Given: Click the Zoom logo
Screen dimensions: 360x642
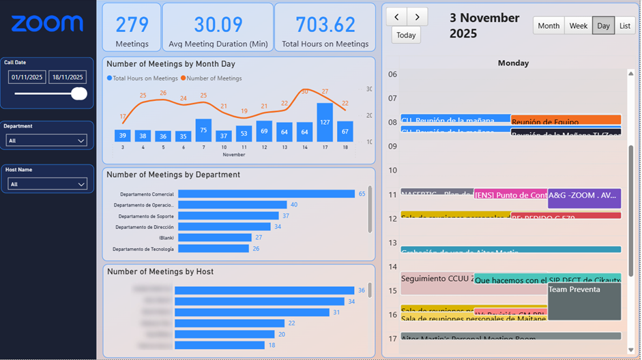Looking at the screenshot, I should click(47, 24).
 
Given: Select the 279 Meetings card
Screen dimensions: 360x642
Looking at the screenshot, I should click(132, 27).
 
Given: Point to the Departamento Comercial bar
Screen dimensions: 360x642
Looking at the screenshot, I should click(266, 194).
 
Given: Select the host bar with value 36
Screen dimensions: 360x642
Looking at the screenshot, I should click(264, 290).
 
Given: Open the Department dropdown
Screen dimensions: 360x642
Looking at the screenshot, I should click(47, 140).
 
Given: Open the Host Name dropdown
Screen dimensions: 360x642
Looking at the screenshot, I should click(47, 184).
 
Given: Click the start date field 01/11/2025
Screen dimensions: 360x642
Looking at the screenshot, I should click(27, 77).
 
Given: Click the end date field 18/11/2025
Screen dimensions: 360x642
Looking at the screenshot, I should click(67, 77).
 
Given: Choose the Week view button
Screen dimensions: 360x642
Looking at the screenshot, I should click(578, 26).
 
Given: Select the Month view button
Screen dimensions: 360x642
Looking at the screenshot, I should click(549, 26).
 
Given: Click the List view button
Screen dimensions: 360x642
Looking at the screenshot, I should click(624, 26).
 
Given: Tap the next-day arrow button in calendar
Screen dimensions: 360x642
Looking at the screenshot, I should click(418, 16).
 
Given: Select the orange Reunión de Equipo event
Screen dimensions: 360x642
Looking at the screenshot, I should click(566, 121).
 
